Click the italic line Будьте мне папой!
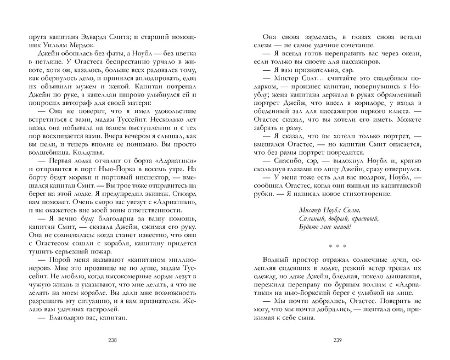click(x=325, y=228)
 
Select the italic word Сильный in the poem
click(x=312, y=219)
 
